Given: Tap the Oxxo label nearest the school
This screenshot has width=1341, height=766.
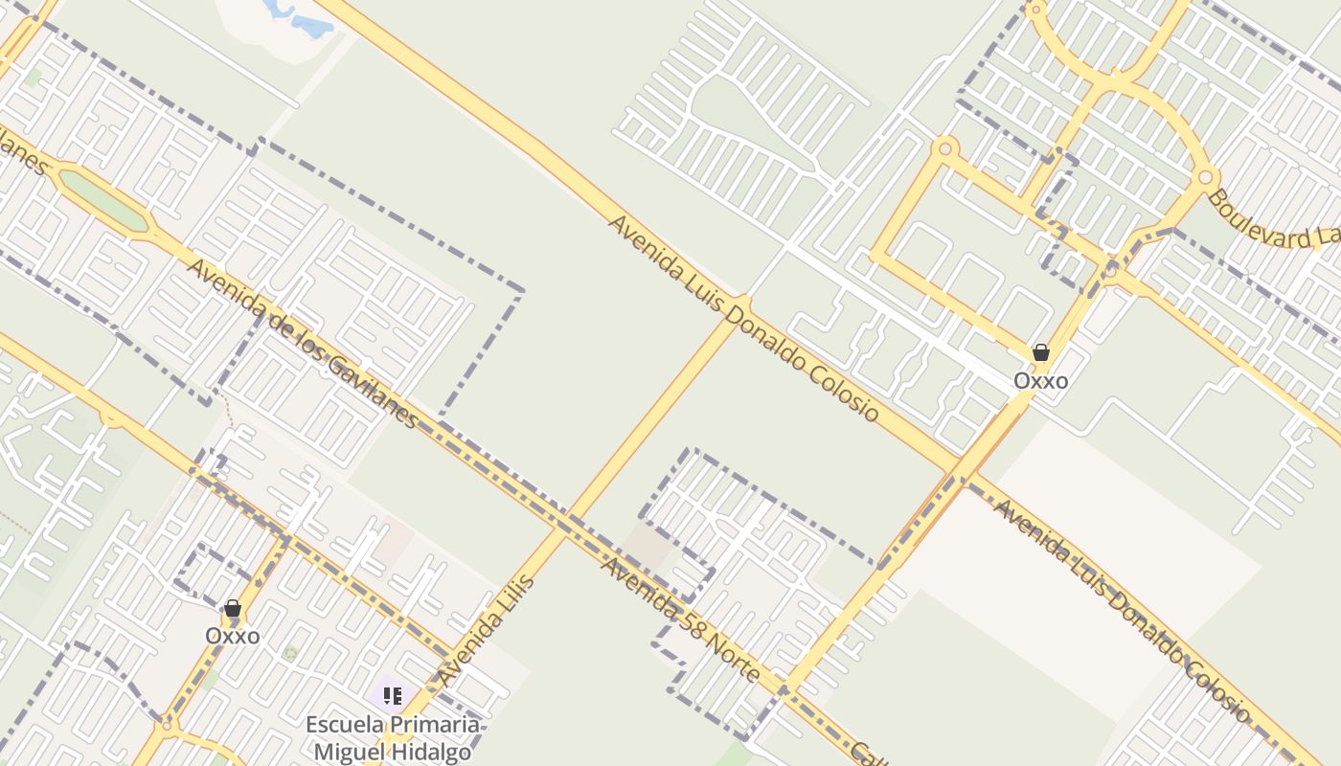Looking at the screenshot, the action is pyautogui.click(x=232, y=636).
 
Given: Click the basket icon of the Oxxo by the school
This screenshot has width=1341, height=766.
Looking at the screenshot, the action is pyautogui.click(x=232, y=608).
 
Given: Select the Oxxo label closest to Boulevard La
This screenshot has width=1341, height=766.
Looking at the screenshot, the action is pyautogui.click(x=1040, y=381).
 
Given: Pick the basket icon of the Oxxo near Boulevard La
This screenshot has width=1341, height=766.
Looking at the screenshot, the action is pyautogui.click(x=1041, y=352).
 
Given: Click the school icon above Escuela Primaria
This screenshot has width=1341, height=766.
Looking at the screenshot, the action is pyautogui.click(x=392, y=695).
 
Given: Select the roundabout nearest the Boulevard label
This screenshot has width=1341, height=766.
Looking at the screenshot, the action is pyautogui.click(x=1206, y=176).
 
